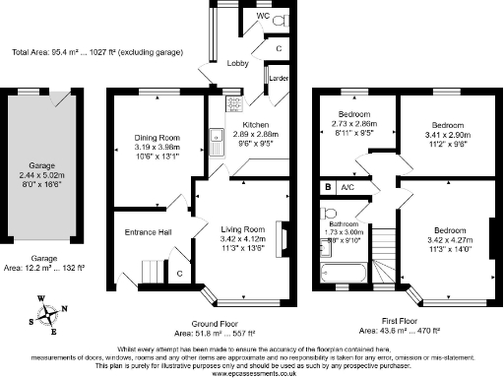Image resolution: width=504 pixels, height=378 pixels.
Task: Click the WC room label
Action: (x=262, y=17)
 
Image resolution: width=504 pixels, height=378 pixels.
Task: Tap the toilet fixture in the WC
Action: (x=279, y=20)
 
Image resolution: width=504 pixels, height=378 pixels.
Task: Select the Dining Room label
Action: (x=157, y=137)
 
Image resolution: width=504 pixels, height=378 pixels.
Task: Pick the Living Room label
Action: (x=240, y=228)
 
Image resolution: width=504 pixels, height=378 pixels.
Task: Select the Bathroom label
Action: (x=344, y=221)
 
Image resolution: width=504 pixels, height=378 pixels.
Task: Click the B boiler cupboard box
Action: (x=328, y=186)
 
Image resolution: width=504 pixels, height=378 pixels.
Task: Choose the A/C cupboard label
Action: (x=347, y=186)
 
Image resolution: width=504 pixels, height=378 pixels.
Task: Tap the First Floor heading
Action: (x=408, y=322)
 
